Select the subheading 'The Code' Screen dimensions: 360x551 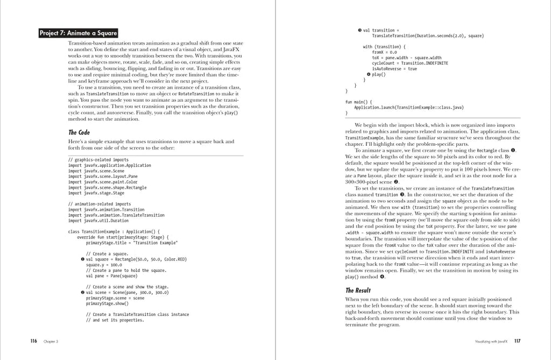point(79,132)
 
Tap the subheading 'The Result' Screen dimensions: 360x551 point(357,291)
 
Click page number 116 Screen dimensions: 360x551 point(33,341)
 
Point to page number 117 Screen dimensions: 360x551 point(517,341)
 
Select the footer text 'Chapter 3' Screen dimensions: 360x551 point(51,341)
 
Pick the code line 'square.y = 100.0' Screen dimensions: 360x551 point(104,265)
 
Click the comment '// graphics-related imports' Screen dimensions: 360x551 point(98,160)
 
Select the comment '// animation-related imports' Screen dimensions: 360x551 point(100,204)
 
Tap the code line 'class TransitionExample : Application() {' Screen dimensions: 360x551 point(114,231)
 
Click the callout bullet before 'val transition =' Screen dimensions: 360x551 point(359,30)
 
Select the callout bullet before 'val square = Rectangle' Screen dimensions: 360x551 point(82,259)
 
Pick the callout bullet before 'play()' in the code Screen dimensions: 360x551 point(368,74)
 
